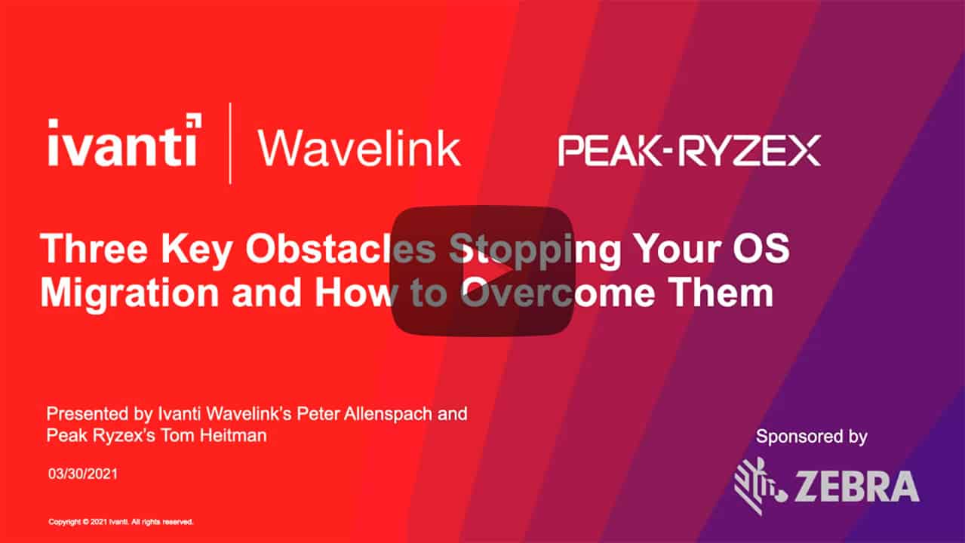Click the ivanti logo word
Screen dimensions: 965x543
(x=123, y=142)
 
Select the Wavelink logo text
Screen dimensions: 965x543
(x=359, y=149)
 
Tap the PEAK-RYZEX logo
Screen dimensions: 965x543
(x=690, y=150)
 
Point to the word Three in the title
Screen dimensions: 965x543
(x=94, y=249)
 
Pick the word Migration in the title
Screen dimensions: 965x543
(x=129, y=295)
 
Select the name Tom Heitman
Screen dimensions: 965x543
(x=214, y=436)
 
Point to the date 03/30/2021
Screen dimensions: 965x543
(x=83, y=474)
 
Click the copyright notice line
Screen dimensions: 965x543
(x=121, y=522)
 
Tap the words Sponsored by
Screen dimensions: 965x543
(x=812, y=437)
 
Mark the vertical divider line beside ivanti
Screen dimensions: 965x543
(x=230, y=143)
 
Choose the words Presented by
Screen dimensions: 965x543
(x=100, y=414)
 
